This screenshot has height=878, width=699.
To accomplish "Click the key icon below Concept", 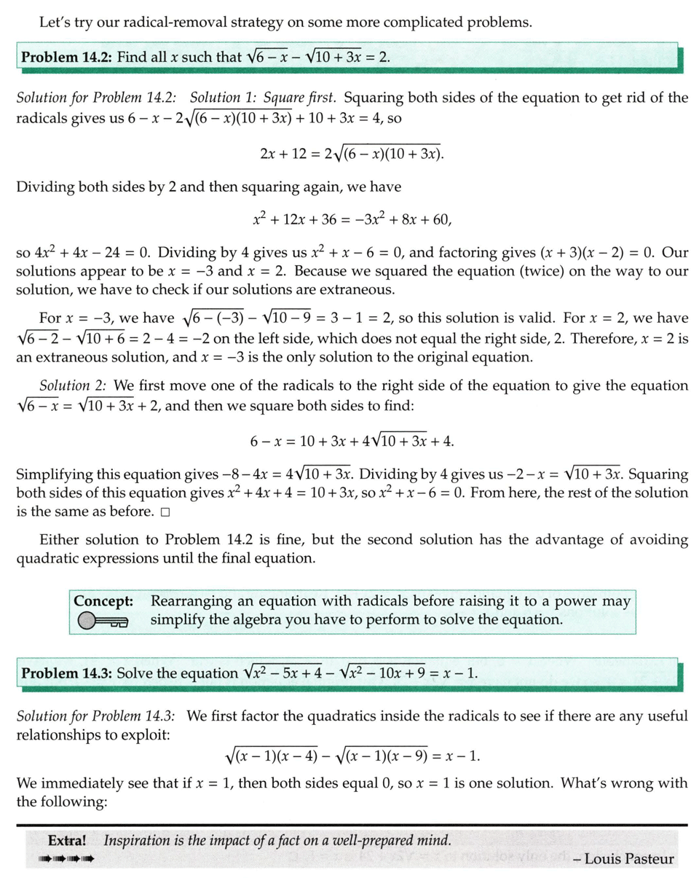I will [102, 621].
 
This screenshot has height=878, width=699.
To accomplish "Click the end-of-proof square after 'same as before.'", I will [165, 512].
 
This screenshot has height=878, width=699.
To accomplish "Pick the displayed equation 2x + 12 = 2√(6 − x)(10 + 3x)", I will [352, 154].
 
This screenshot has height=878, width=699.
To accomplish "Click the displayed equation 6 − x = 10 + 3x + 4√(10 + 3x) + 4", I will [352, 442].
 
